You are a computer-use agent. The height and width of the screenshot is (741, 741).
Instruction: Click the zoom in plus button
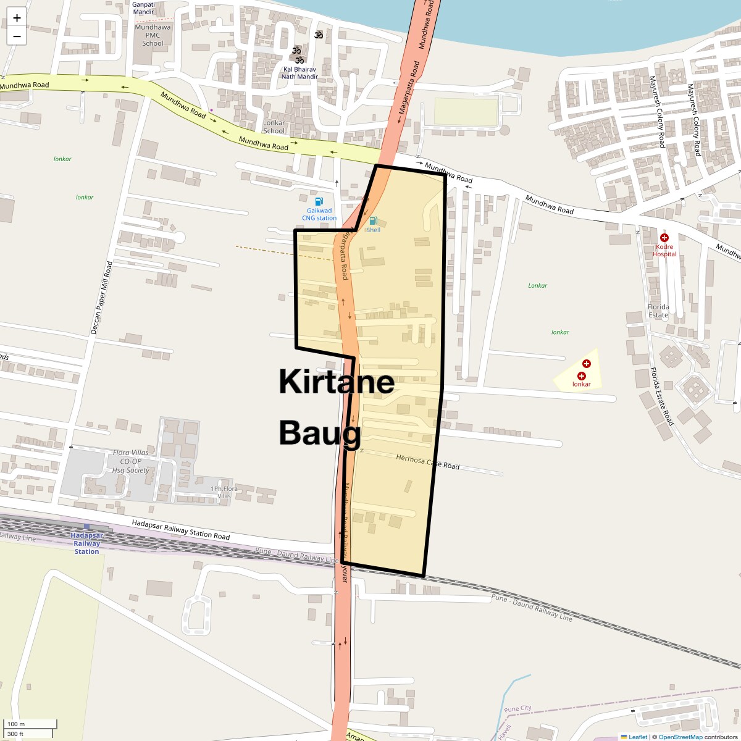click(17, 18)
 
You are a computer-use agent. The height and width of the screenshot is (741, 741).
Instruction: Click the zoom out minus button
click(17, 36)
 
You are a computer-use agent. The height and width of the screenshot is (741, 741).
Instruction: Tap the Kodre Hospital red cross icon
click(664, 238)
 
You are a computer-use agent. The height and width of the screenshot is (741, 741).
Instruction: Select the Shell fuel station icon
click(373, 220)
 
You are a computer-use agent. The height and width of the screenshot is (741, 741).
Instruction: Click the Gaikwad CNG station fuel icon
click(319, 201)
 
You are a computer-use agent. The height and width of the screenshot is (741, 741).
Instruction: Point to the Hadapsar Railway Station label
click(86, 543)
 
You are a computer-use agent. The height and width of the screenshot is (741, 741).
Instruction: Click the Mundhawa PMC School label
click(153, 35)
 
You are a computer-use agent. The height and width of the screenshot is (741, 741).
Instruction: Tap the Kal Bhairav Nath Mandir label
click(299, 73)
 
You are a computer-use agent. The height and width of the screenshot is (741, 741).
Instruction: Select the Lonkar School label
click(274, 127)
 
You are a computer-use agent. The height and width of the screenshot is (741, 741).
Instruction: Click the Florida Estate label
click(658, 311)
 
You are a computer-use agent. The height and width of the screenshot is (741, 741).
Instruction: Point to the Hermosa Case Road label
click(427, 461)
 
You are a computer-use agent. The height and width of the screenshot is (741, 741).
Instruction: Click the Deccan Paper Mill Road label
click(102, 298)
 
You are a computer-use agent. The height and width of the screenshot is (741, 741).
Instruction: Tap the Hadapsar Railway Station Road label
click(180, 530)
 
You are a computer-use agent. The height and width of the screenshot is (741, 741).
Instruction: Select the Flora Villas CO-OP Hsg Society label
click(131, 461)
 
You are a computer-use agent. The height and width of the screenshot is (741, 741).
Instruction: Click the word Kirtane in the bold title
click(337, 382)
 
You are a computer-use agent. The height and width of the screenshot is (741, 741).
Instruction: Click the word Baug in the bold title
click(320, 432)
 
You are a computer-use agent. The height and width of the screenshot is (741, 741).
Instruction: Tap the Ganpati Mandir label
click(143, 8)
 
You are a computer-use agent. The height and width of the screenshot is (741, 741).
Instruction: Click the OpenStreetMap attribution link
click(680, 737)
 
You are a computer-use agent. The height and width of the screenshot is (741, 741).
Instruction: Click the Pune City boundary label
click(517, 708)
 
